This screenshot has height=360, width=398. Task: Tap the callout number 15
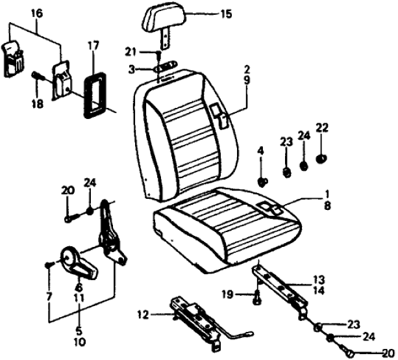(225, 14)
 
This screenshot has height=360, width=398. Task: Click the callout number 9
(247, 83)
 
